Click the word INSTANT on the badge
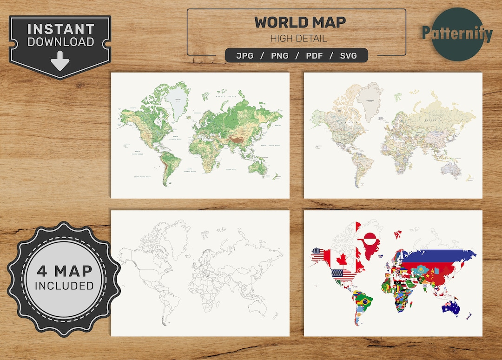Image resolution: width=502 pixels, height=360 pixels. (x=60, y=29)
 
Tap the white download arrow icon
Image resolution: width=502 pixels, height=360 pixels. (x=60, y=61)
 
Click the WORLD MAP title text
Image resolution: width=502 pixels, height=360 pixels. (x=300, y=22)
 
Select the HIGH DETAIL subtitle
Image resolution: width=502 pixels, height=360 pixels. (x=299, y=39)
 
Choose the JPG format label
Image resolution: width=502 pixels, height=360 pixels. (x=245, y=56)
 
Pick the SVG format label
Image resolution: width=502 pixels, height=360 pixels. (x=348, y=56)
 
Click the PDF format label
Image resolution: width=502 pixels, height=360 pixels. (x=315, y=56)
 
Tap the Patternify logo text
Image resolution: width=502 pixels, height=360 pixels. (x=457, y=33)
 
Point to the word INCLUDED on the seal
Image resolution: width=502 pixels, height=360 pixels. (x=64, y=286)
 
